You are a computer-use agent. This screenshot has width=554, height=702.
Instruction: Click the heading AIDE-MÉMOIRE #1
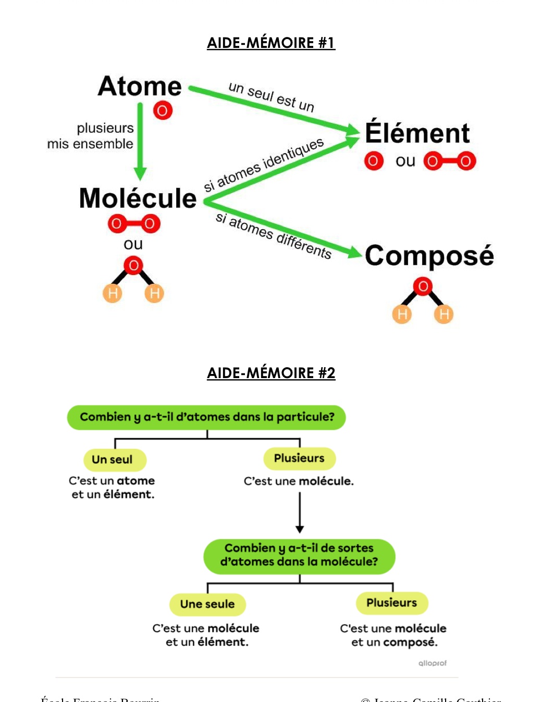tap(271, 43)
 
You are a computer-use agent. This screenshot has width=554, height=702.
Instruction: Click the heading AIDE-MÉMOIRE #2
tap(271, 373)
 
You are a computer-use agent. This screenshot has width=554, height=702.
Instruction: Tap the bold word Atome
tap(140, 86)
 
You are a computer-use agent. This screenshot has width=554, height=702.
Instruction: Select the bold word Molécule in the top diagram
tap(138, 198)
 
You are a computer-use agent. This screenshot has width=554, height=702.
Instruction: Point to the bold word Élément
tap(417, 133)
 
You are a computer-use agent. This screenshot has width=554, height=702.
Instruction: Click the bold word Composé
tap(429, 256)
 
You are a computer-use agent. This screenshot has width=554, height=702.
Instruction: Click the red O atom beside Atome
tap(163, 110)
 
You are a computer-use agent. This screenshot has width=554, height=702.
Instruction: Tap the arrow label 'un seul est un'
tap(272, 97)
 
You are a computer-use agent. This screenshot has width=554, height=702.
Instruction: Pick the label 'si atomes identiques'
tap(264, 165)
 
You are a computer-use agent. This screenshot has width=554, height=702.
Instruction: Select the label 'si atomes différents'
tap(274, 235)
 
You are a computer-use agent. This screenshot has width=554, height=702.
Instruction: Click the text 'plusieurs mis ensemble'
tap(91, 136)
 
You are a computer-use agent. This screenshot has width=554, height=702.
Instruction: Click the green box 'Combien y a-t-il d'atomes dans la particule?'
tap(206, 417)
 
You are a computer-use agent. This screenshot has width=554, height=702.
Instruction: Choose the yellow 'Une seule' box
tap(207, 604)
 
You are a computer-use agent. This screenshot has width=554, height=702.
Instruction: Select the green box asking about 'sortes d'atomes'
tap(299, 555)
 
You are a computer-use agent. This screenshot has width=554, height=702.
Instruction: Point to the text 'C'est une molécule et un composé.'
tap(393, 635)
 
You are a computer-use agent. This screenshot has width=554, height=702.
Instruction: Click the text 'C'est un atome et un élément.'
tap(113, 487)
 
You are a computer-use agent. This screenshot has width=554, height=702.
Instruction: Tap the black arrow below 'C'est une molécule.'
tap(300, 512)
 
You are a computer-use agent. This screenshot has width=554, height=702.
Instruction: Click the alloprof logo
tap(433, 663)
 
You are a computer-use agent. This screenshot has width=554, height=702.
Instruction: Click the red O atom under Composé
tap(423, 286)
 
